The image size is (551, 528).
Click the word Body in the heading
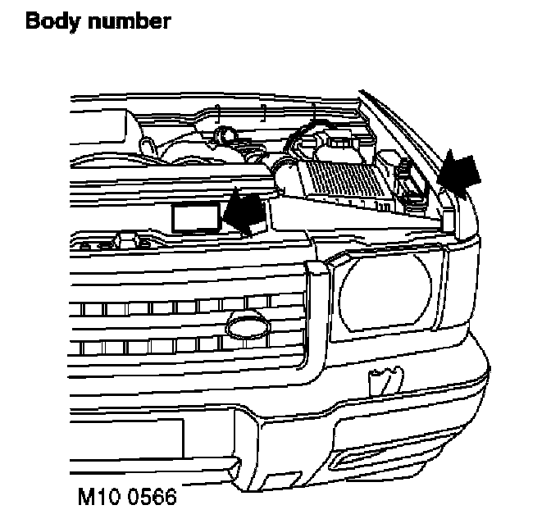click(48, 20)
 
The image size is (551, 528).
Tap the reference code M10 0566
click(125, 498)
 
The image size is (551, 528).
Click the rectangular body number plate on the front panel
click(194, 216)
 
